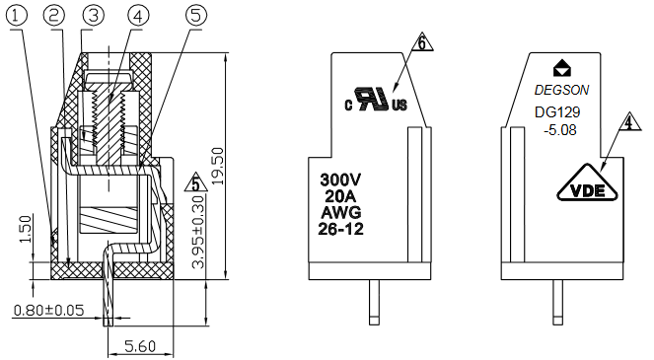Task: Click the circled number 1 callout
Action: (17, 16)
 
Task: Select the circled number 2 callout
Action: (54, 16)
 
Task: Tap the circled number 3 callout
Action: (93, 16)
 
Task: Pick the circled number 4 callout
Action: (138, 16)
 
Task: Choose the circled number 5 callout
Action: (195, 16)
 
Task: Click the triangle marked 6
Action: (422, 42)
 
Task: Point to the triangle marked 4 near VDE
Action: (629, 121)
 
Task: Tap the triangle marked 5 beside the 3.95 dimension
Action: (196, 182)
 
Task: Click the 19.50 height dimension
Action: (218, 166)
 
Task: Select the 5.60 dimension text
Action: (140, 346)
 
